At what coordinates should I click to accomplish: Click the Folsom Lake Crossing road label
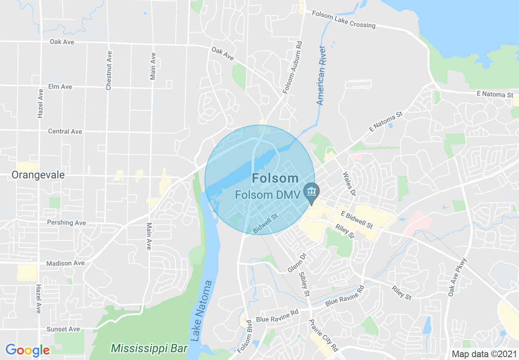343,19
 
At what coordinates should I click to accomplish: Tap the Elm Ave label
60,87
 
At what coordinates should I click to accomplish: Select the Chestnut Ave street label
108,70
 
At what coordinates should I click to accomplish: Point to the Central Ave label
65,131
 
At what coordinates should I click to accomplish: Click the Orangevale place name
38,175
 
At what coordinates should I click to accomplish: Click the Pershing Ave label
66,223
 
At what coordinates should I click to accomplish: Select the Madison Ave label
65,263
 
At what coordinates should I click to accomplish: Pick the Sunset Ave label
63,329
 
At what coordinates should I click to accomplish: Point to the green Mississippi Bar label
149,349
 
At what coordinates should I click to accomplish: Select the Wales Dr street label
349,183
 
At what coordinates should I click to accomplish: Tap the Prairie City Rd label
323,335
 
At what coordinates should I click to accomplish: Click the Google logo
27,350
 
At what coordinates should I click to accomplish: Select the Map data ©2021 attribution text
483,353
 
